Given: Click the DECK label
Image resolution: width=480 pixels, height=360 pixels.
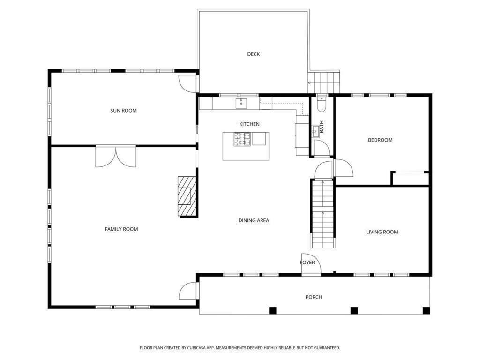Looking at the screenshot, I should [x=253, y=54].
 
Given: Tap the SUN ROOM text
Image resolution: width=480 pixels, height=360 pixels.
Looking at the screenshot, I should [x=123, y=111].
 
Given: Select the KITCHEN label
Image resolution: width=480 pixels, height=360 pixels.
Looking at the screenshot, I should [x=249, y=124].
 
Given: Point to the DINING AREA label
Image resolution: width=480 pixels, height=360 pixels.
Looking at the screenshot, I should [x=254, y=220].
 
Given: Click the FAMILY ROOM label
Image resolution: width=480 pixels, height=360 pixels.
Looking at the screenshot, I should [x=121, y=229].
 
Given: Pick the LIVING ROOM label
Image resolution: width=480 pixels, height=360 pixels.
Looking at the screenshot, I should [x=382, y=232].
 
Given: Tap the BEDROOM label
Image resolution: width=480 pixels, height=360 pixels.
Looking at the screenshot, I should [x=380, y=140].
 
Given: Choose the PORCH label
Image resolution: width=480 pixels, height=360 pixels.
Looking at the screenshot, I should [x=314, y=297].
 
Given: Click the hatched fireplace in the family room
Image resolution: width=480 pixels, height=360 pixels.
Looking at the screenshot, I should [x=187, y=196].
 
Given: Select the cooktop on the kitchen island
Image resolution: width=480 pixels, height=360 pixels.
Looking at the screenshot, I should [x=243, y=139].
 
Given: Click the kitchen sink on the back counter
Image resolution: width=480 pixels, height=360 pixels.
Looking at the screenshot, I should [x=241, y=102].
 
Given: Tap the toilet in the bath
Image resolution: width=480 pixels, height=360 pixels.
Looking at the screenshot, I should [x=322, y=104].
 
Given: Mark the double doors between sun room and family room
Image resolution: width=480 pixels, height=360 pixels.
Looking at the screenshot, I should [x=116, y=157].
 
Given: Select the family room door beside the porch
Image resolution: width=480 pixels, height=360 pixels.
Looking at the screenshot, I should [x=188, y=291].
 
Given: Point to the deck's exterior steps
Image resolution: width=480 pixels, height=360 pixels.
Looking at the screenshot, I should [x=324, y=82].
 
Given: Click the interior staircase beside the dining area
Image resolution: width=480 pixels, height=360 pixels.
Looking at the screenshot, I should [x=323, y=213].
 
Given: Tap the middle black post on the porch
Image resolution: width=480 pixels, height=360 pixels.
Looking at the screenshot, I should [x=354, y=310].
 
